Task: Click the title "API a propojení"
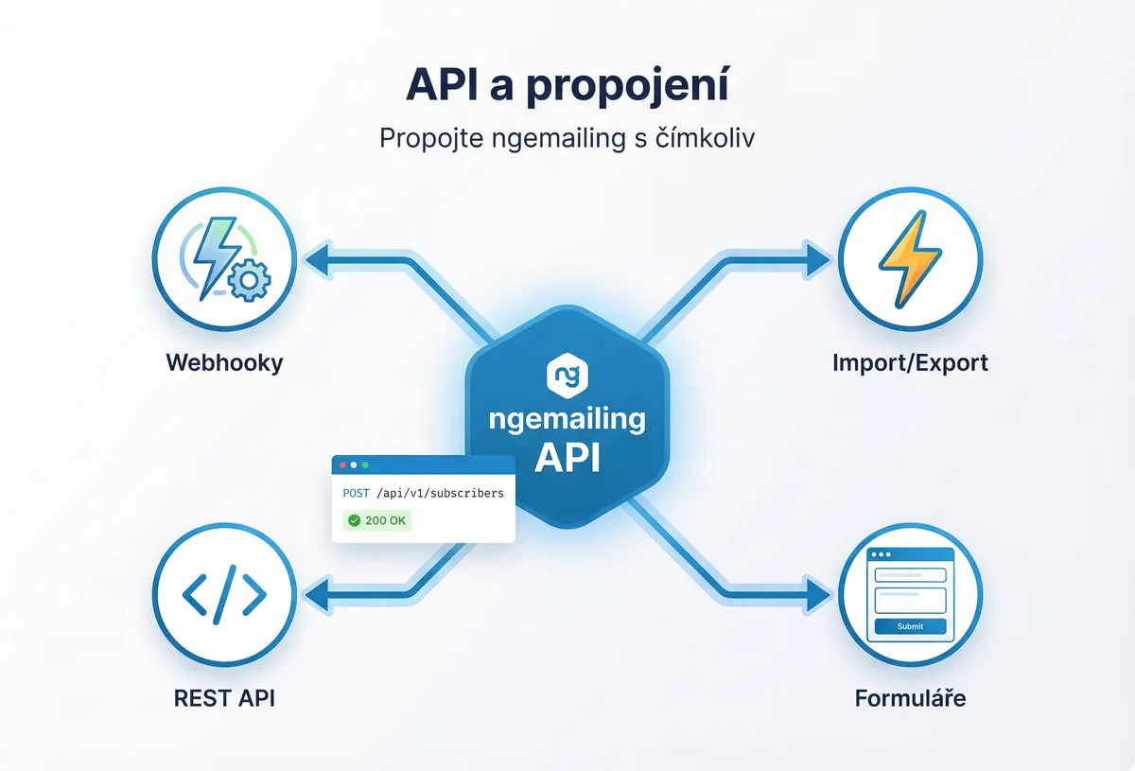567,85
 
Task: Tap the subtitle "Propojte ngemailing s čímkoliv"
567,137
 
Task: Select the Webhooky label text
224,362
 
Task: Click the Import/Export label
911,362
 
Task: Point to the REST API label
224,699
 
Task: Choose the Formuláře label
911,699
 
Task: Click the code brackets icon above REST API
224,595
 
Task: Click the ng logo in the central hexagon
567,376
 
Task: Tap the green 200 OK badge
377,520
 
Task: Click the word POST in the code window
358,493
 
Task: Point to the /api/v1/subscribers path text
440,493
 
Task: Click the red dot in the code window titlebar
342,465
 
